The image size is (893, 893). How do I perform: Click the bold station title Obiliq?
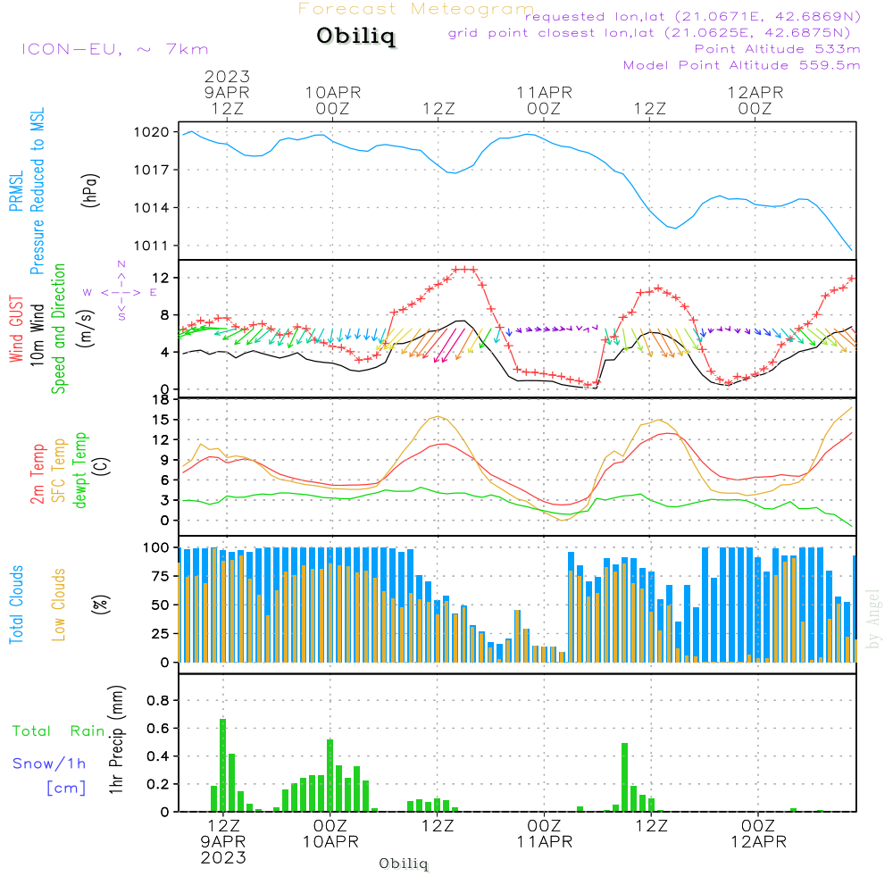point(355,38)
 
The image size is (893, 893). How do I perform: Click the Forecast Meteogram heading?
point(416,9)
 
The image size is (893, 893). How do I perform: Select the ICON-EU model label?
point(113,49)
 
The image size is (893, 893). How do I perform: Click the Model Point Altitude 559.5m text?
point(741,65)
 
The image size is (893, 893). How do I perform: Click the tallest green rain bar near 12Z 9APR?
point(223,764)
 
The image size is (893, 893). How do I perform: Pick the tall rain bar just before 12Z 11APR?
point(625,776)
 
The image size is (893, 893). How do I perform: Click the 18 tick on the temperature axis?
point(162,399)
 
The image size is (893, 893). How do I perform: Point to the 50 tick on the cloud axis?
point(160,605)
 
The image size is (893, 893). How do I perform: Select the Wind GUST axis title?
point(17,330)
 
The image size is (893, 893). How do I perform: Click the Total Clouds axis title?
point(17,605)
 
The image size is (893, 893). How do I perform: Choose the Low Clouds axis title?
point(59,605)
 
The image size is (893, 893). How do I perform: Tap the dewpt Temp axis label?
point(80,471)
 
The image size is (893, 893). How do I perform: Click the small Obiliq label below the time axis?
point(404,864)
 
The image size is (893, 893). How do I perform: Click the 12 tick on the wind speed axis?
point(164,279)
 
